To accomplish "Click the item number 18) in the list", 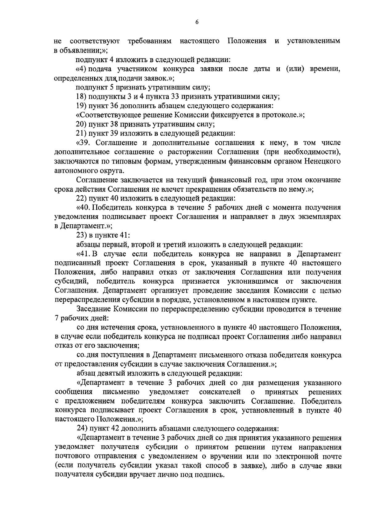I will (81, 96).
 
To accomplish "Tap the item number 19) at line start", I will (81, 106).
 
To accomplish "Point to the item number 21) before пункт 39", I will (81, 133).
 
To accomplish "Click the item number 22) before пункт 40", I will (81, 198).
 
